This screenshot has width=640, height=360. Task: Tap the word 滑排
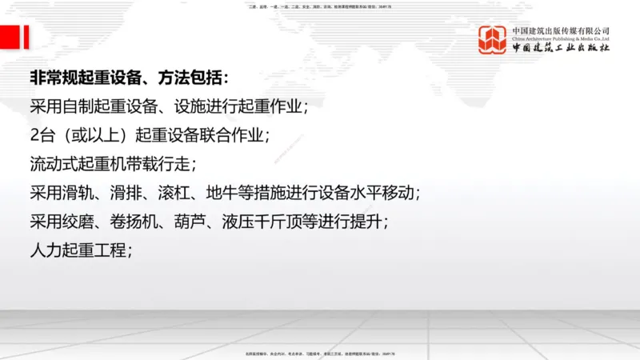(139, 193)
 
